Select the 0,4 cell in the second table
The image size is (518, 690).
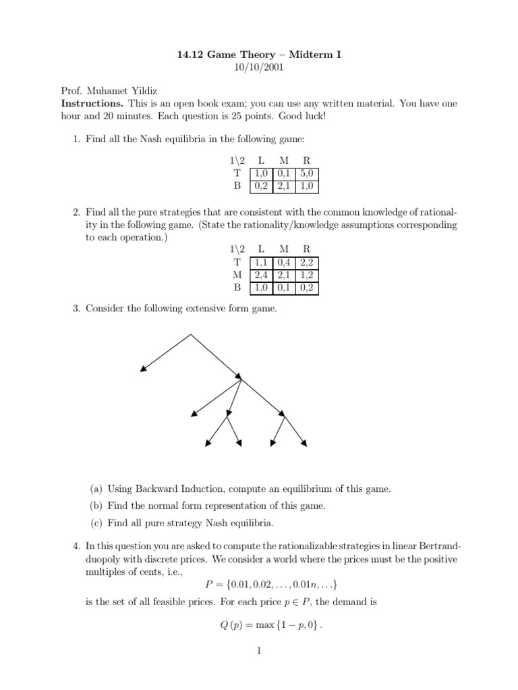coord(283,263)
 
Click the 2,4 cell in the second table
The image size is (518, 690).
coord(260,276)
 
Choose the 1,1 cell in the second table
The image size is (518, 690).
coord(260,263)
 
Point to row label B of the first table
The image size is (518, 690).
coord(236,186)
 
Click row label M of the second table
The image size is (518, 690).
coord(235,276)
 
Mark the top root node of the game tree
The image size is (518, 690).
coord(191,334)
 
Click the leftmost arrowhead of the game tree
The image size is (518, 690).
coord(142,369)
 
